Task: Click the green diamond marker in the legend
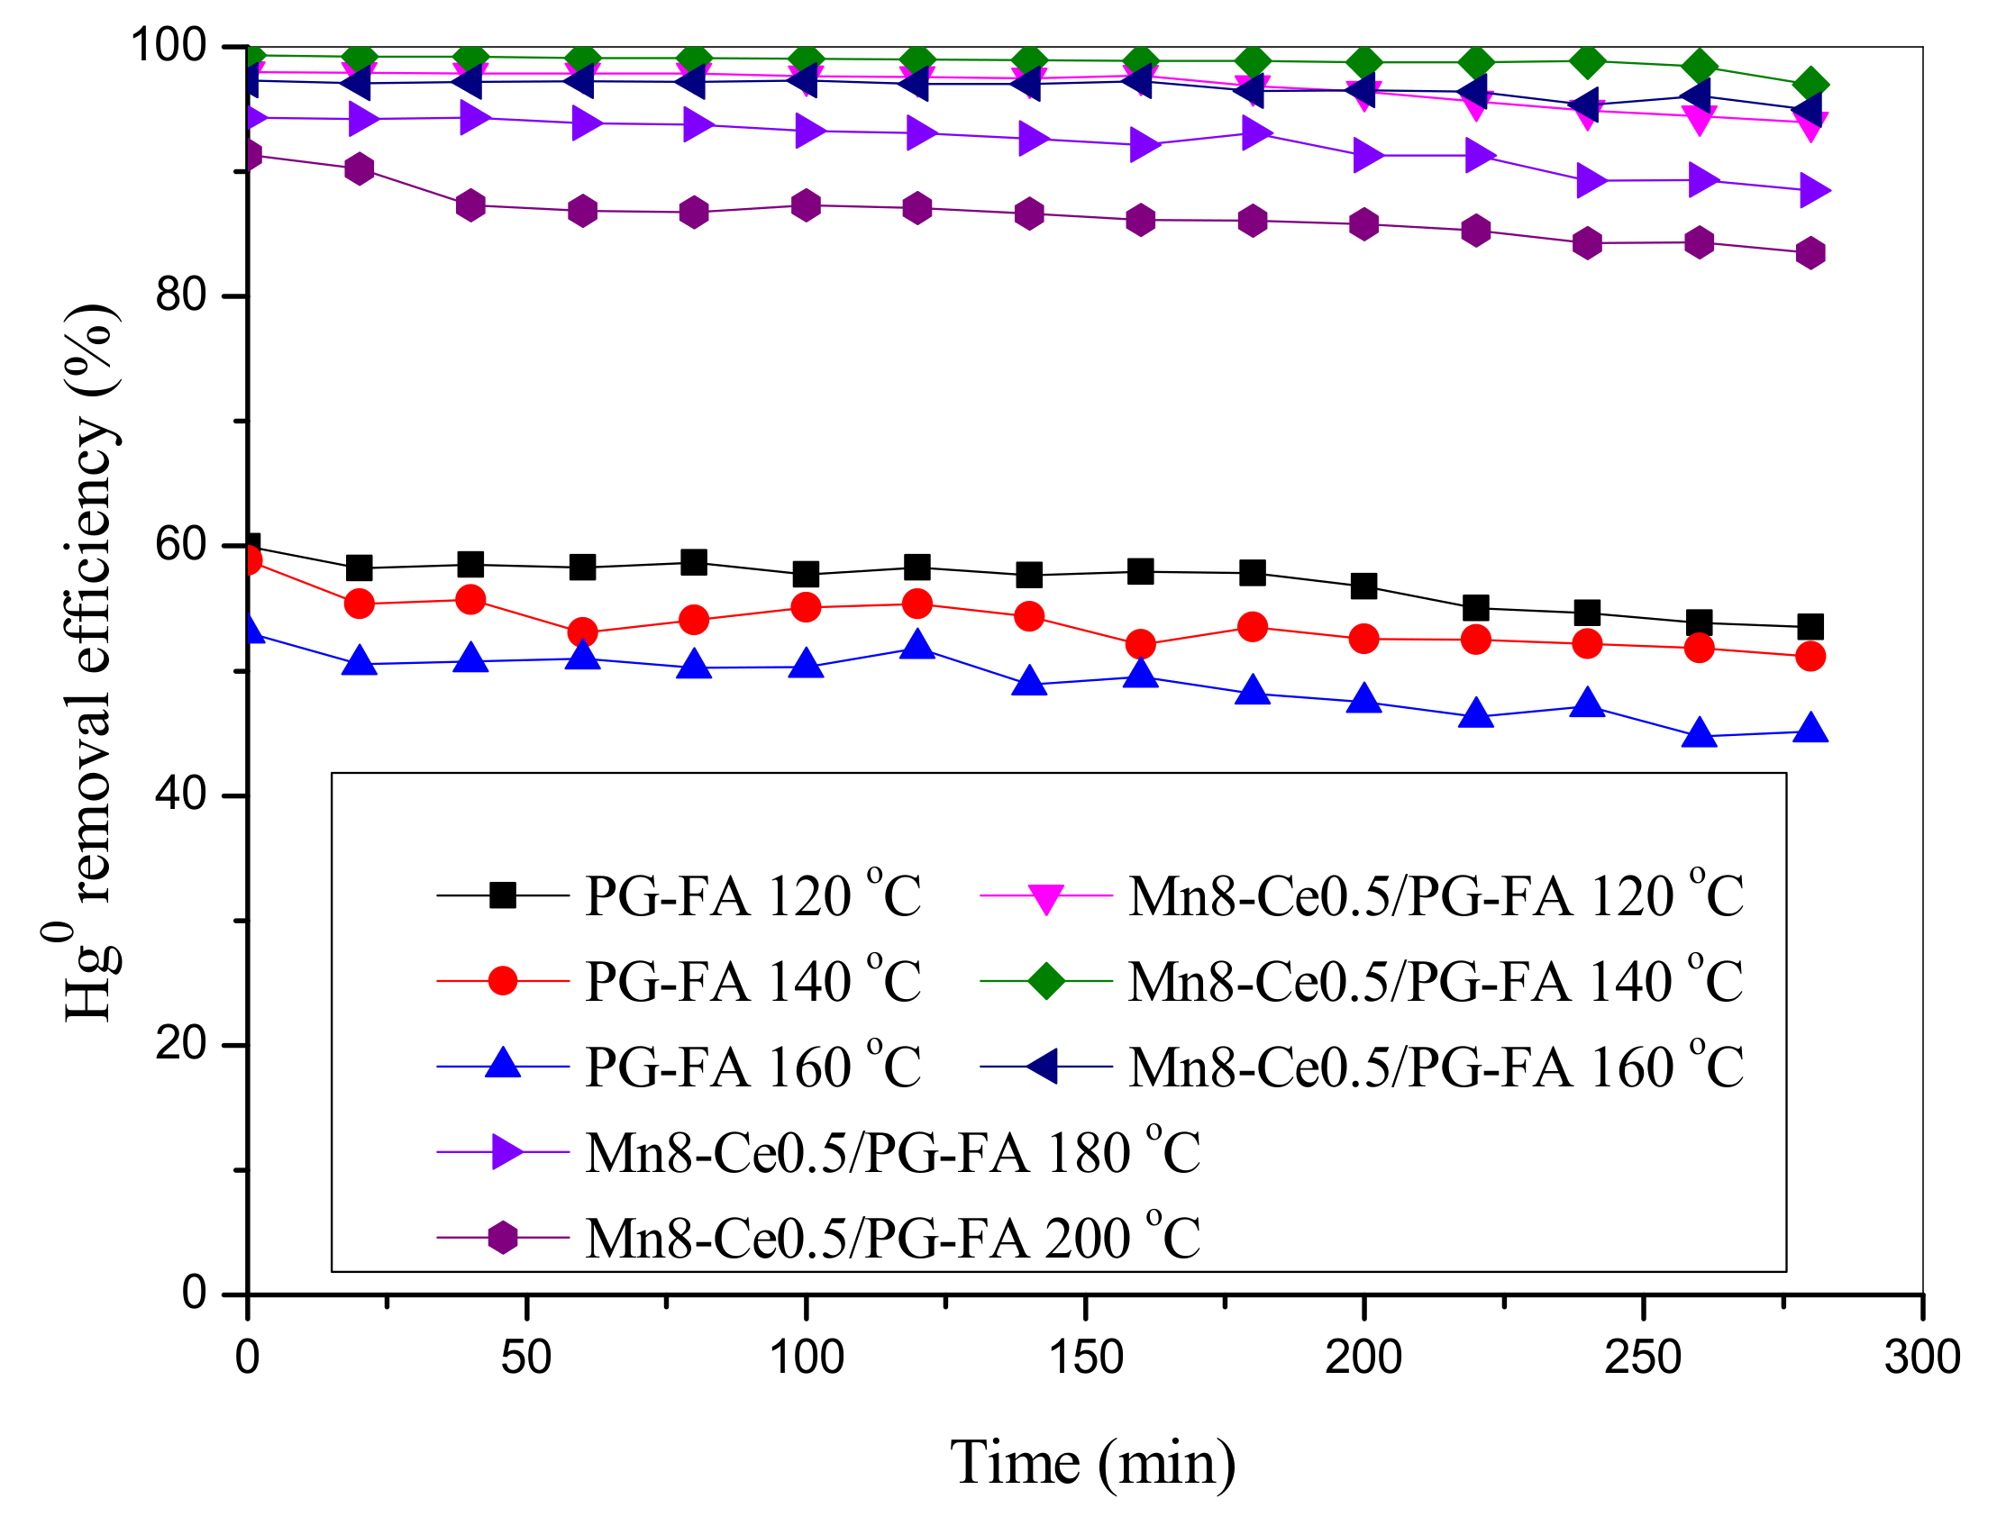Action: [x=1046, y=982]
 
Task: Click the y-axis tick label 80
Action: [x=181, y=295]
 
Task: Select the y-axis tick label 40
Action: [x=181, y=795]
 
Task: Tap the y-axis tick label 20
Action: [x=181, y=1045]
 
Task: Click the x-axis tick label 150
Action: [x=1085, y=1358]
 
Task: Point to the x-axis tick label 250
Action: [x=1643, y=1358]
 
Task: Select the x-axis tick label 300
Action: [x=1922, y=1358]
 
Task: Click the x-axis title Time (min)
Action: [x=1093, y=1462]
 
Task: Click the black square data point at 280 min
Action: [x=1810, y=627]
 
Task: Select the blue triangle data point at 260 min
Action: [x=1699, y=733]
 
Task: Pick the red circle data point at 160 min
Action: [x=1141, y=645]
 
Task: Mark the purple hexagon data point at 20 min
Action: [x=360, y=168]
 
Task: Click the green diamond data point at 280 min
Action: [x=1810, y=86]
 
